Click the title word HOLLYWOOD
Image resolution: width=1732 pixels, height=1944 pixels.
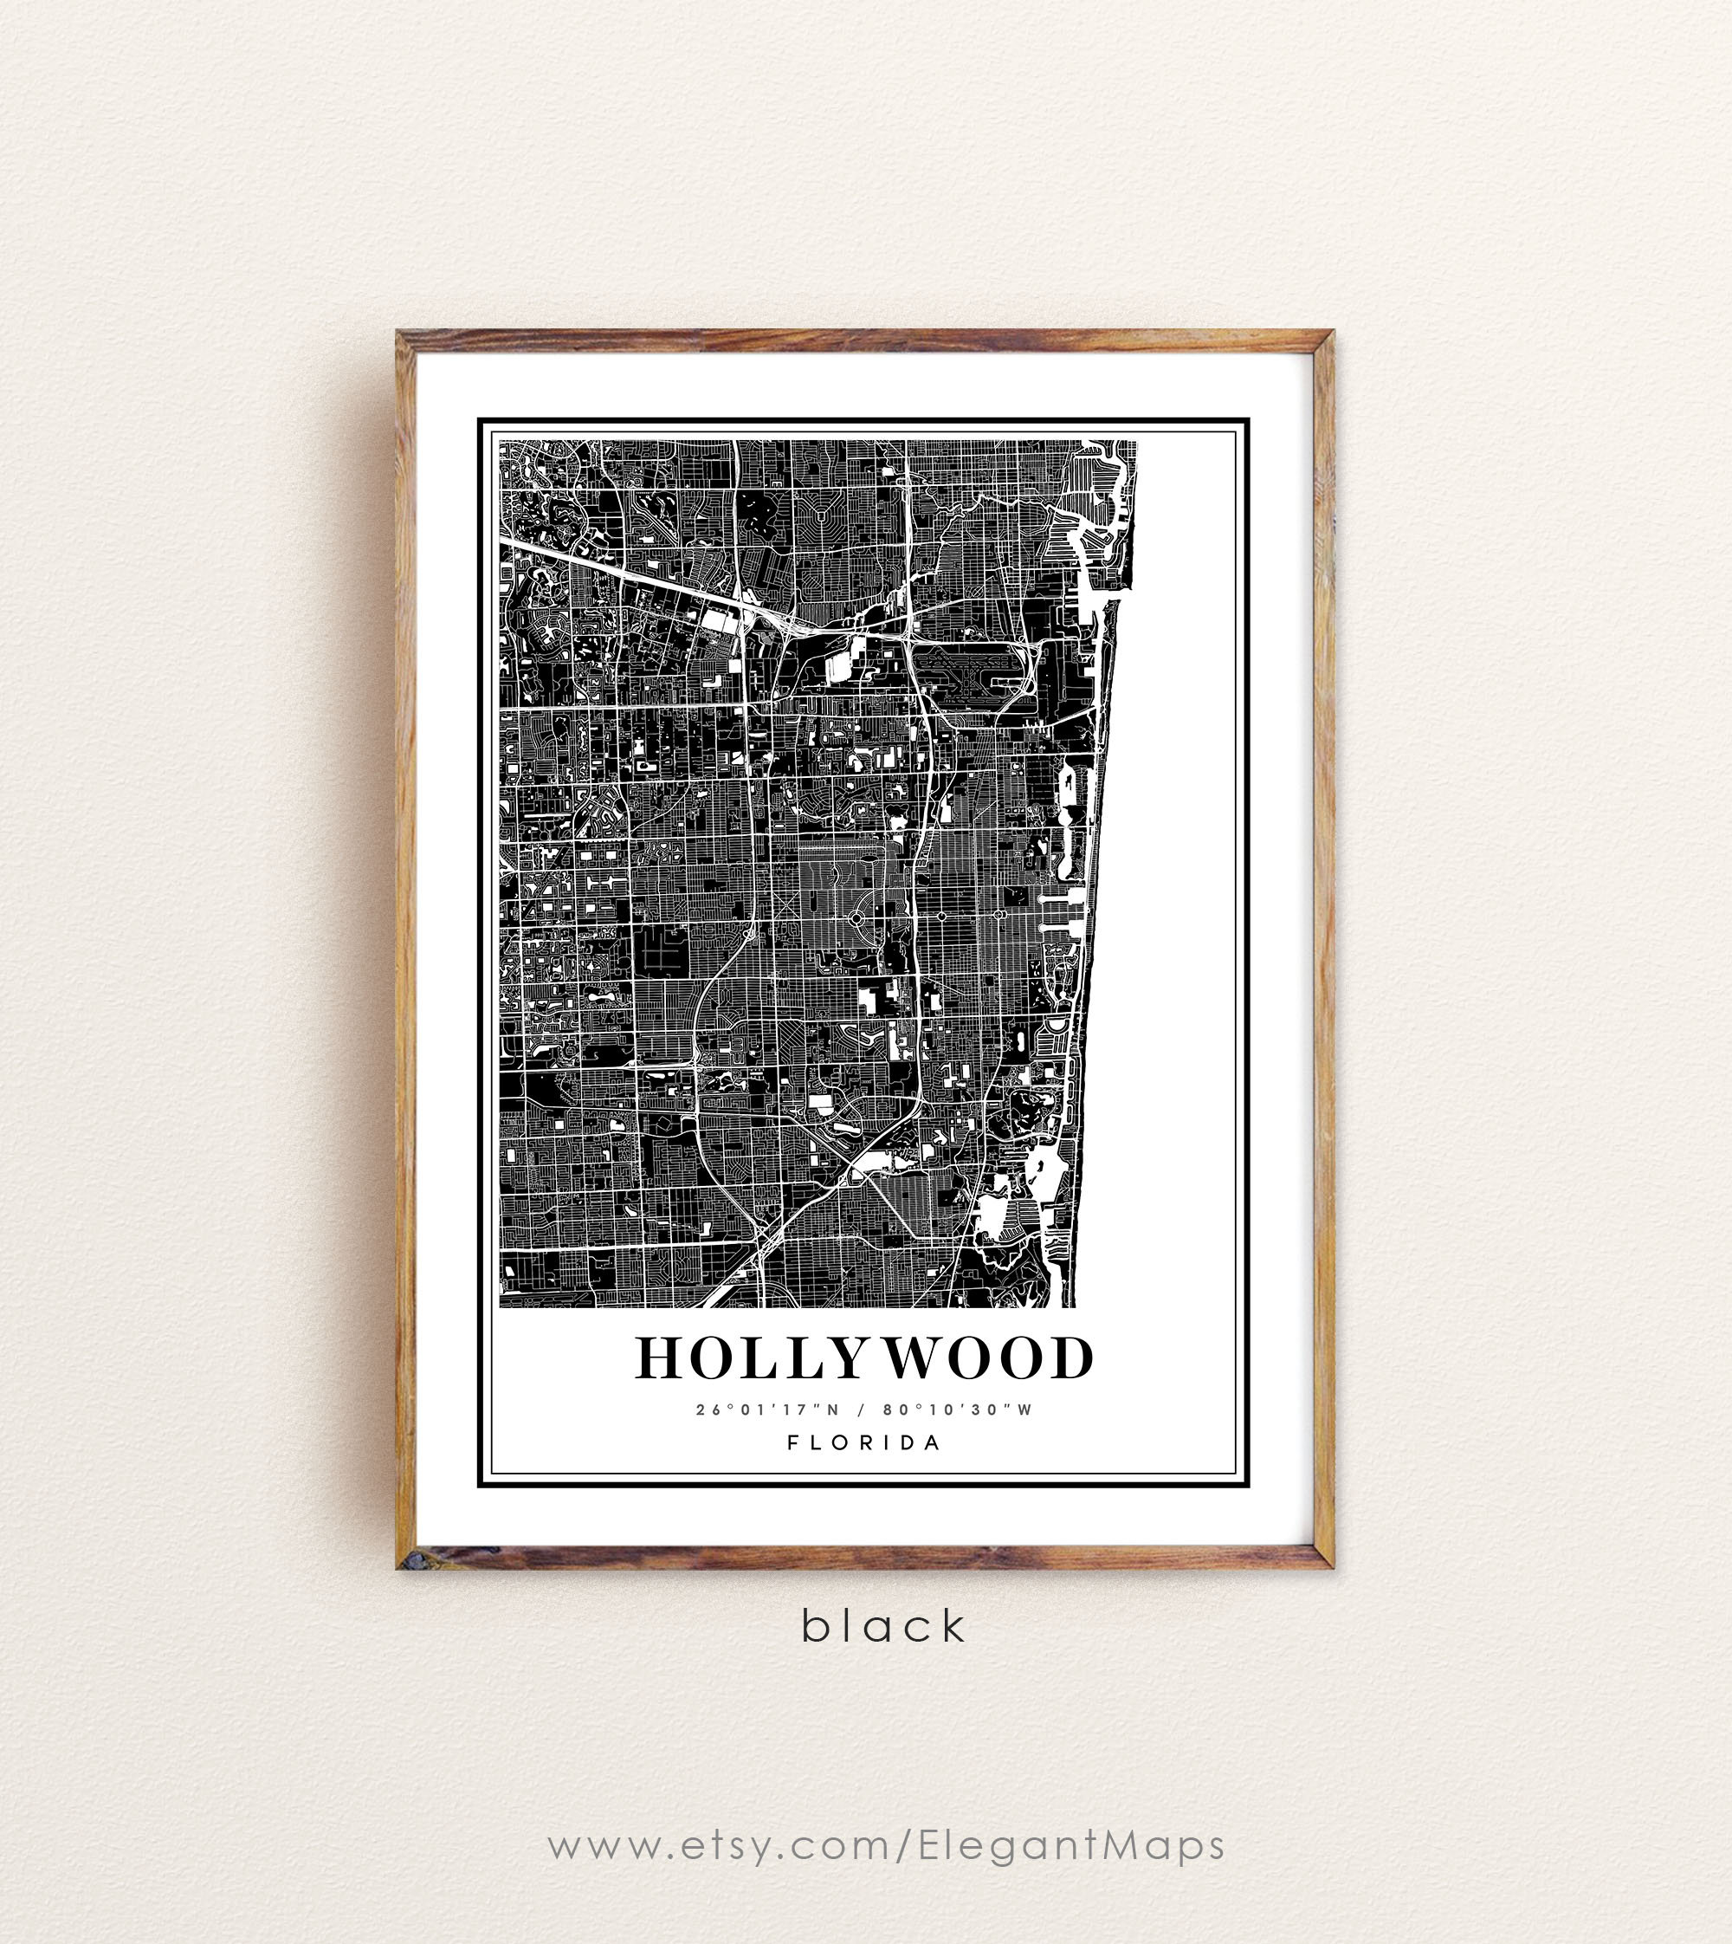864,1358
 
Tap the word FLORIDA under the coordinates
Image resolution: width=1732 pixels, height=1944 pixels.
864,1442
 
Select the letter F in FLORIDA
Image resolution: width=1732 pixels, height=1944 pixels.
792,1442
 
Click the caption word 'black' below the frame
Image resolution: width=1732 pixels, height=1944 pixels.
883,1626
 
